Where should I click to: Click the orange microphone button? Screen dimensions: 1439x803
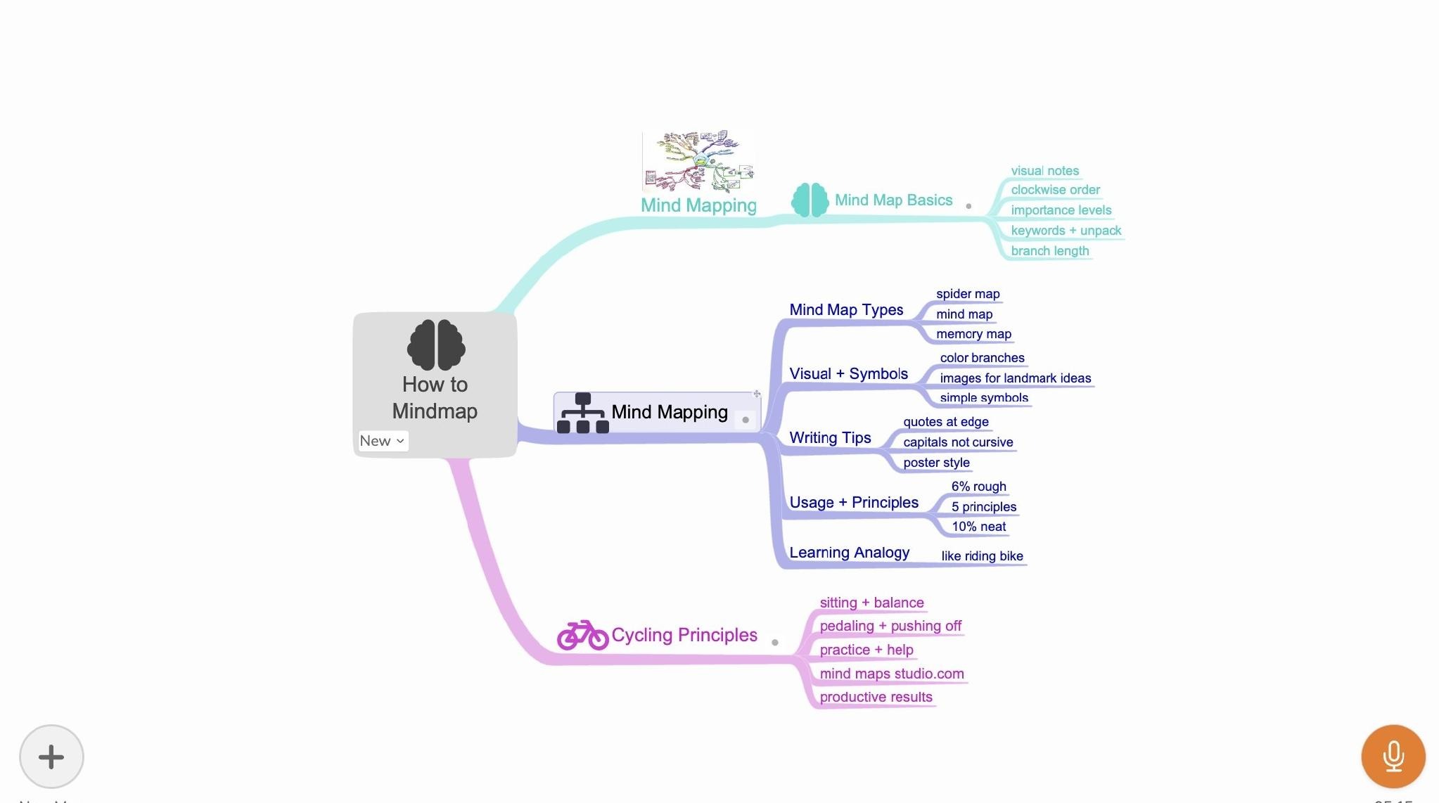[x=1393, y=757]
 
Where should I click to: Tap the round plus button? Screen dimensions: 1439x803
[x=51, y=757]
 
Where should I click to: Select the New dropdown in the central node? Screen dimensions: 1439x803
[x=383, y=441]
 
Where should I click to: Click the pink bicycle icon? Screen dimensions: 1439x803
[x=582, y=635]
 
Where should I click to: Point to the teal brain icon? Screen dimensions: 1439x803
[x=810, y=200]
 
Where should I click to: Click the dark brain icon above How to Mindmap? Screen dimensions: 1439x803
[x=436, y=345]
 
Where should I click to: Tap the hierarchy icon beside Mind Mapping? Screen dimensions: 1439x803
[x=582, y=413]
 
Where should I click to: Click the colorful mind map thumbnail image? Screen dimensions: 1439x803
[x=698, y=161]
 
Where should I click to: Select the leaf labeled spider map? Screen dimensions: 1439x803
[x=968, y=294]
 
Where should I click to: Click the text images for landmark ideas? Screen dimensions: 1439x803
[x=1016, y=378]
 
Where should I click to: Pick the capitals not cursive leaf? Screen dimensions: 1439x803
[x=958, y=442]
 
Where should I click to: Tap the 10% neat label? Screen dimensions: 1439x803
[x=978, y=527]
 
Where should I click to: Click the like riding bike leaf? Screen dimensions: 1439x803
[x=982, y=556]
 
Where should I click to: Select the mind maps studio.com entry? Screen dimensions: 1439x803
[x=892, y=674]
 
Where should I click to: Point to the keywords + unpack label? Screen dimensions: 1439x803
[x=1066, y=231]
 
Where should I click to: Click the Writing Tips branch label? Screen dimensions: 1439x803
[x=830, y=438]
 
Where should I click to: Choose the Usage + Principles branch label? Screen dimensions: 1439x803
[x=854, y=503]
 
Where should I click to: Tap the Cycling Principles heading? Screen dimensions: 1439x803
[x=684, y=635]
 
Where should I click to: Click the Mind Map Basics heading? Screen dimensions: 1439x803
[x=893, y=200]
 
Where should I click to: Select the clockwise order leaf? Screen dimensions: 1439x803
[x=1055, y=190]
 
